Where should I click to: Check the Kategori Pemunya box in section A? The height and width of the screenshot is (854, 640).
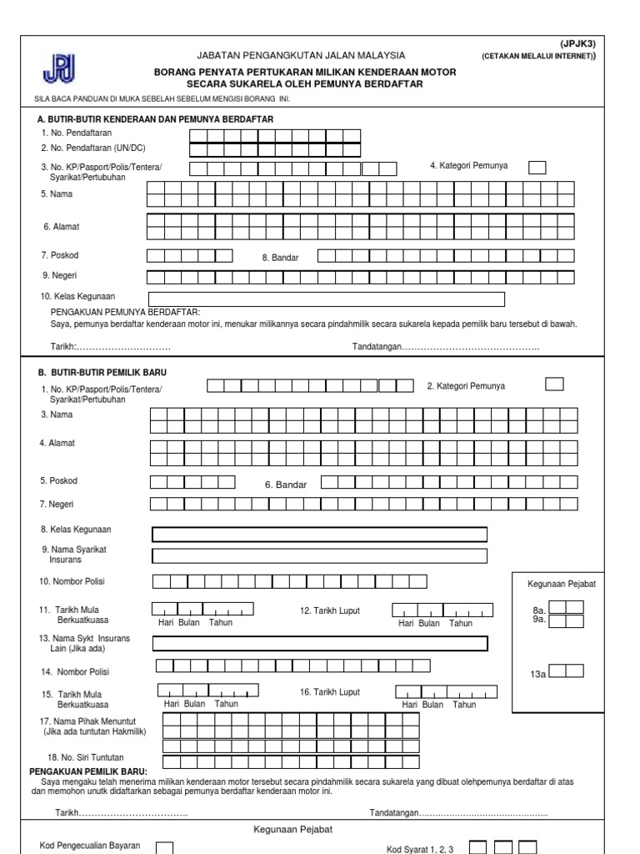[537, 168]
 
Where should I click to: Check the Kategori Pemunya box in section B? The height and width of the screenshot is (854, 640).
[553, 384]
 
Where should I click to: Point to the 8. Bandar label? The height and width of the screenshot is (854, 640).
[280, 258]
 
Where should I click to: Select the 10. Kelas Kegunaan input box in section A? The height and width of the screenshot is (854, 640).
[326, 299]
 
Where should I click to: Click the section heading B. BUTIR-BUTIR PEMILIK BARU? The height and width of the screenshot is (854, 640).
[103, 372]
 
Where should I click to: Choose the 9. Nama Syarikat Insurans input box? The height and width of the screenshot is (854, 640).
[320, 556]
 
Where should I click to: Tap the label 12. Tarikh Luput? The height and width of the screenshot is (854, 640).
[330, 611]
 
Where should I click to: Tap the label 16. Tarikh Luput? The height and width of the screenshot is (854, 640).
[330, 692]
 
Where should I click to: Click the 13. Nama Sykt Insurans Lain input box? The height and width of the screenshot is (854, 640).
[320, 643]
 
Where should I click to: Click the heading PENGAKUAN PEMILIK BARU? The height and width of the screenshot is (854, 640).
[88, 771]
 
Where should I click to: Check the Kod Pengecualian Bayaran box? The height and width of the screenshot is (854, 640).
[165, 847]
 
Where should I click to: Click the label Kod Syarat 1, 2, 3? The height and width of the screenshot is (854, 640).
[420, 849]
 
